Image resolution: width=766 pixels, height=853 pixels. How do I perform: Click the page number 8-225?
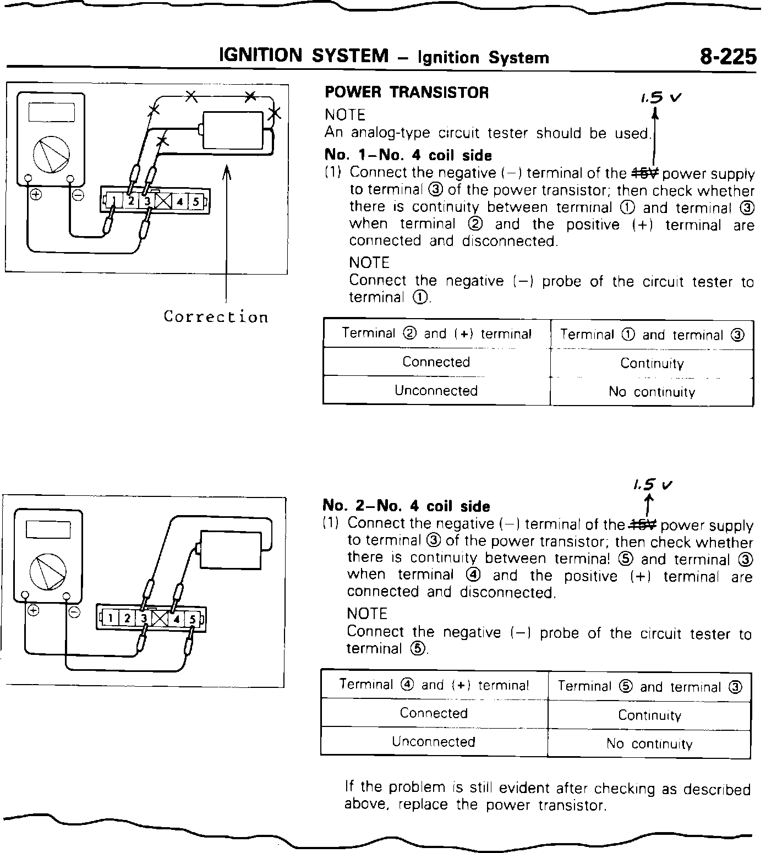pyautogui.click(x=727, y=56)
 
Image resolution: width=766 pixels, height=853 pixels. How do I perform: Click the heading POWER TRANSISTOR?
pyautogui.click(x=407, y=92)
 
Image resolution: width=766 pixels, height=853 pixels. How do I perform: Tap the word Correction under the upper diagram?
pyautogui.click(x=216, y=317)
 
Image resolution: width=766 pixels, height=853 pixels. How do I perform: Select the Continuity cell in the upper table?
pyautogui.click(x=652, y=363)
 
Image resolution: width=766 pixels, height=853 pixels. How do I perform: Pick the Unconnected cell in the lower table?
pyautogui.click(x=434, y=741)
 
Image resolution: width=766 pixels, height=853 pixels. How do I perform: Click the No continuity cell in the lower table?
pyautogui.click(x=649, y=744)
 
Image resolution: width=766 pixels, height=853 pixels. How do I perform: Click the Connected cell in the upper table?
pyautogui.click(x=436, y=362)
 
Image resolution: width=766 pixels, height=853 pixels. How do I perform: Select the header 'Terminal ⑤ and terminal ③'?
pyautogui.click(x=650, y=687)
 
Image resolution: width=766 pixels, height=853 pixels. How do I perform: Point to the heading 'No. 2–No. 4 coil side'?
pyautogui.click(x=406, y=506)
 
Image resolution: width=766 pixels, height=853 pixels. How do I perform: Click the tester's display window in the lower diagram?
pyautogui.click(x=49, y=529)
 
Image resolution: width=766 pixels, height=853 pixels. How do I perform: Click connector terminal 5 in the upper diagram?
pyautogui.click(x=195, y=202)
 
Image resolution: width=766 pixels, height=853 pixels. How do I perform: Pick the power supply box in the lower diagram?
pyautogui.click(x=230, y=549)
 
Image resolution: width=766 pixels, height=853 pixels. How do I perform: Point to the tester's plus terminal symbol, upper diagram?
pyautogui.click(x=36, y=195)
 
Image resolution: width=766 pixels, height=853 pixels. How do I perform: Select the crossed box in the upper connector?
pyautogui.click(x=163, y=202)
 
